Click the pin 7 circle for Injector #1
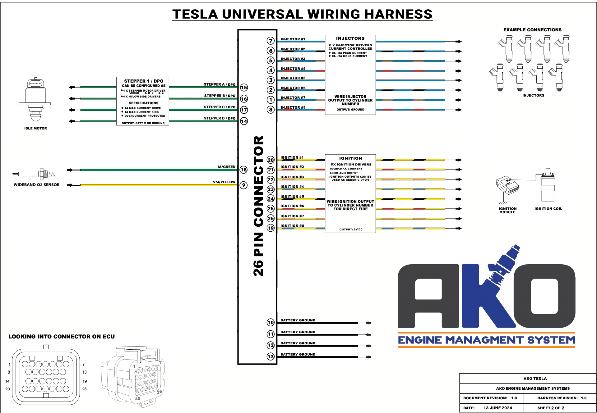tap(271, 41)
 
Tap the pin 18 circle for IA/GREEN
tap(243, 170)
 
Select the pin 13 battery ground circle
tap(271, 357)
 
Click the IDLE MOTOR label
tap(35, 128)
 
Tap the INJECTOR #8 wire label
tap(293, 107)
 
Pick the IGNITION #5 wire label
tap(292, 197)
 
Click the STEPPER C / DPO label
tap(220, 107)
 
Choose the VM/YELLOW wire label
tap(224, 182)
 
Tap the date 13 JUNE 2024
tap(497, 408)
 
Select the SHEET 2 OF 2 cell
tap(551, 408)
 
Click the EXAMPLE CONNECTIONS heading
tap(532, 30)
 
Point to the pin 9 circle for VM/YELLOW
tap(243, 185)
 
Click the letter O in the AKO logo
tap(544, 296)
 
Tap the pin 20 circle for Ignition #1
tap(271, 160)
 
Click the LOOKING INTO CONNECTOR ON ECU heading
tap(62, 337)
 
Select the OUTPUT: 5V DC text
tap(351, 229)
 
